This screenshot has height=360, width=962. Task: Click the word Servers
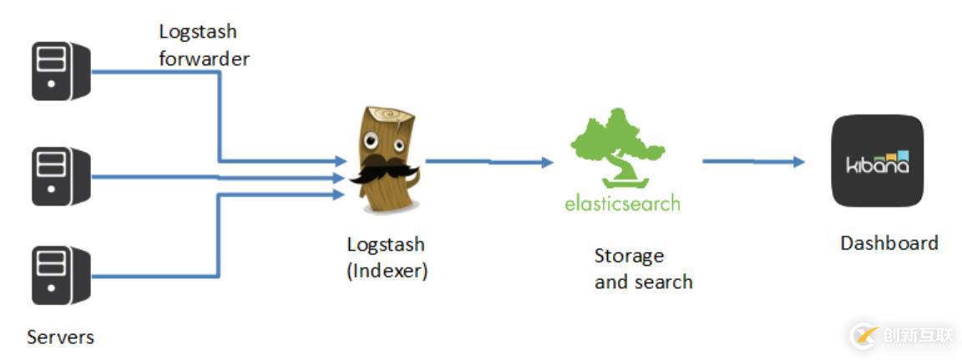coord(60,337)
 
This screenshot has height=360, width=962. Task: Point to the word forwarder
coord(204,59)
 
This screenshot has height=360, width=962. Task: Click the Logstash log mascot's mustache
coord(385,170)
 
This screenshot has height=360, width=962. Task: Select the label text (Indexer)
coord(387,271)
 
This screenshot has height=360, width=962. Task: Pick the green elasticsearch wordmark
coord(622,203)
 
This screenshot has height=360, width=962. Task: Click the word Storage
coord(629,256)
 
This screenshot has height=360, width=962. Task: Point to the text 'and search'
coord(643,281)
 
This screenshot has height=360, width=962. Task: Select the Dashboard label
coord(889,243)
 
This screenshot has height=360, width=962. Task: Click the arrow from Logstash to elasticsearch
coord(489,161)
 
